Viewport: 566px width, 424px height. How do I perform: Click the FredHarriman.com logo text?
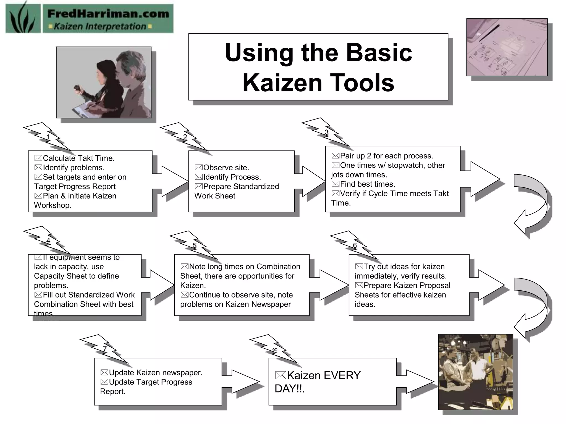[x=108, y=14]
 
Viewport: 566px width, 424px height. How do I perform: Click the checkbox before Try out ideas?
[x=359, y=267]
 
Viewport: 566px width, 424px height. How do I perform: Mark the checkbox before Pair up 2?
[x=335, y=156]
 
